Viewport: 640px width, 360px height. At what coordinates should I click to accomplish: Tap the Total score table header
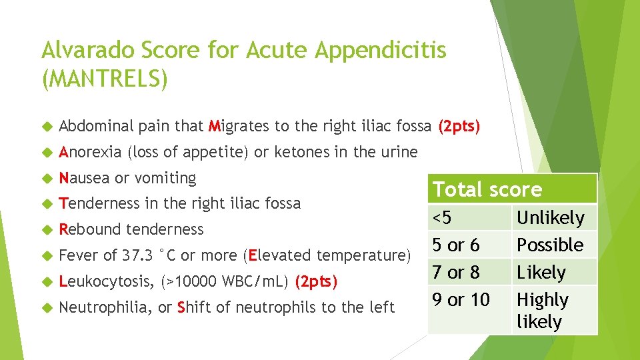point(487,189)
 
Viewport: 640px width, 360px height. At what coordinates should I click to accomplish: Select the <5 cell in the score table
point(443,217)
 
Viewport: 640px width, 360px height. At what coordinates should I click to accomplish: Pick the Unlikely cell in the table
point(550,217)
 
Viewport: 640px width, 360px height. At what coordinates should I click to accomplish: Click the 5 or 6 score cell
point(456,245)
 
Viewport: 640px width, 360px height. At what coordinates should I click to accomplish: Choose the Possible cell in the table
point(550,245)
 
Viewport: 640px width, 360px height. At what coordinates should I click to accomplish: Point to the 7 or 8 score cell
point(456,272)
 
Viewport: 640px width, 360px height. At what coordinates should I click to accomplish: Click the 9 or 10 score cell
point(461,300)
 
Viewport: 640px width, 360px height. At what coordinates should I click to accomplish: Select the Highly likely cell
point(543,311)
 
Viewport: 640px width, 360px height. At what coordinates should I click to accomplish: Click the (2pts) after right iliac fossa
point(459,126)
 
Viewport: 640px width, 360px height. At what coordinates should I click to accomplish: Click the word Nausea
point(85,178)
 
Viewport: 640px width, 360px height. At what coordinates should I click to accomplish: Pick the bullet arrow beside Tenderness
point(46,204)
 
